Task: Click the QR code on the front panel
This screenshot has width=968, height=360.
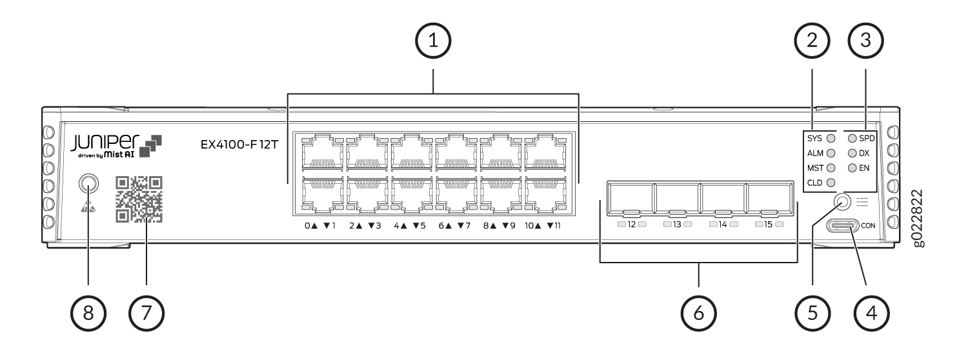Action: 138,199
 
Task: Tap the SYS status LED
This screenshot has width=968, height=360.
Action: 831,138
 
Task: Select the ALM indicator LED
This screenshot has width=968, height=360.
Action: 831,154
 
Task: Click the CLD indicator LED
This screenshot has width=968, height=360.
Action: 831,184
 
